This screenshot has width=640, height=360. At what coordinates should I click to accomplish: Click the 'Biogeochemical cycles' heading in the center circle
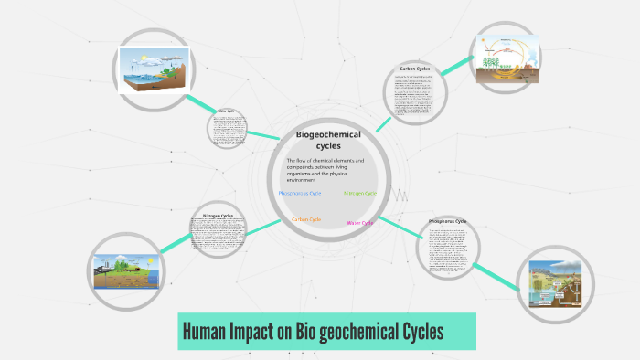pos(328,140)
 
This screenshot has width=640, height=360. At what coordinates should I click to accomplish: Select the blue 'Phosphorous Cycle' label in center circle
pos(300,194)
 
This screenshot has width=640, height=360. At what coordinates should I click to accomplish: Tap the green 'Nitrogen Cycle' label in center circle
pos(360,194)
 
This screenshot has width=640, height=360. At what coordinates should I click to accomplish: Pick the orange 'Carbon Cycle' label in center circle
pos(306,219)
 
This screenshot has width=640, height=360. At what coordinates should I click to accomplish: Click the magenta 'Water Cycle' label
pos(360,222)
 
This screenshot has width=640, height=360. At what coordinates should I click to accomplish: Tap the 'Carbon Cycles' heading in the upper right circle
pos(415,69)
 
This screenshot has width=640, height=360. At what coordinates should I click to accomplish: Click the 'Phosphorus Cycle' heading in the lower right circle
pos(448,221)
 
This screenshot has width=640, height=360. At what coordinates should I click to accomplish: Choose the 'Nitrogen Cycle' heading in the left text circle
pos(218,216)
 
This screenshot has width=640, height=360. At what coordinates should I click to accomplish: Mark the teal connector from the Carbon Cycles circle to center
pos(383,123)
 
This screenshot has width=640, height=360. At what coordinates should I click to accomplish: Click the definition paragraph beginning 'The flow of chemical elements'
pos(325,171)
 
